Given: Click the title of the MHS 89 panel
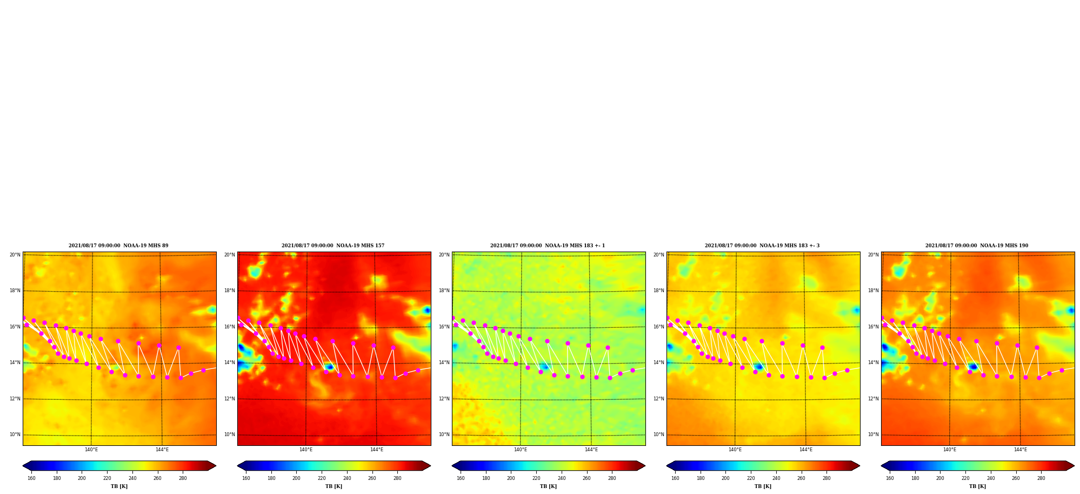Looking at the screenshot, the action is (x=118, y=246).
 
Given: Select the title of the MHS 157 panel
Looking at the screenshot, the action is (x=333, y=246).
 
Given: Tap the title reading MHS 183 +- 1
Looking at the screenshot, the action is (x=548, y=246).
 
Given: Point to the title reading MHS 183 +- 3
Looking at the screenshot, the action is (x=762, y=246).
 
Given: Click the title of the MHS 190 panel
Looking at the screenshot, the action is (x=977, y=246).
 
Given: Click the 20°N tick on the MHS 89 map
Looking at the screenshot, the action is (x=15, y=255).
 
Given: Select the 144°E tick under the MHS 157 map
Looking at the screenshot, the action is (x=377, y=450).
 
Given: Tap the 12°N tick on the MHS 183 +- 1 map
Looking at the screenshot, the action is (x=444, y=399).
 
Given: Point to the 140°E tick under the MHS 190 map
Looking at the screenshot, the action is (x=950, y=450).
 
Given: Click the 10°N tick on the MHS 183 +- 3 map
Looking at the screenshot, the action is (x=658, y=434).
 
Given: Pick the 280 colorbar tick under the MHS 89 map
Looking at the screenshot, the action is (x=183, y=478).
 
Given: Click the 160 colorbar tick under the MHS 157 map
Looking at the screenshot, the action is (x=246, y=478).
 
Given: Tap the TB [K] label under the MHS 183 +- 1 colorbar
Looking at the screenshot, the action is (x=548, y=486).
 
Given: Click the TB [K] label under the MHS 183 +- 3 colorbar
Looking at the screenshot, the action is (x=763, y=486).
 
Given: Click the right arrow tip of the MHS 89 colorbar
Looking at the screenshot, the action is (x=216, y=466).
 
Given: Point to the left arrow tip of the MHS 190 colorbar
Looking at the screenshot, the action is (x=881, y=466).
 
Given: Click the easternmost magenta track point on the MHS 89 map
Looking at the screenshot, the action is (x=203, y=370).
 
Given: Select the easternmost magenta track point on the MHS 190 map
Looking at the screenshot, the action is (x=1062, y=370).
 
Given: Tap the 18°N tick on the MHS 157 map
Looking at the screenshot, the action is (x=229, y=291).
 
